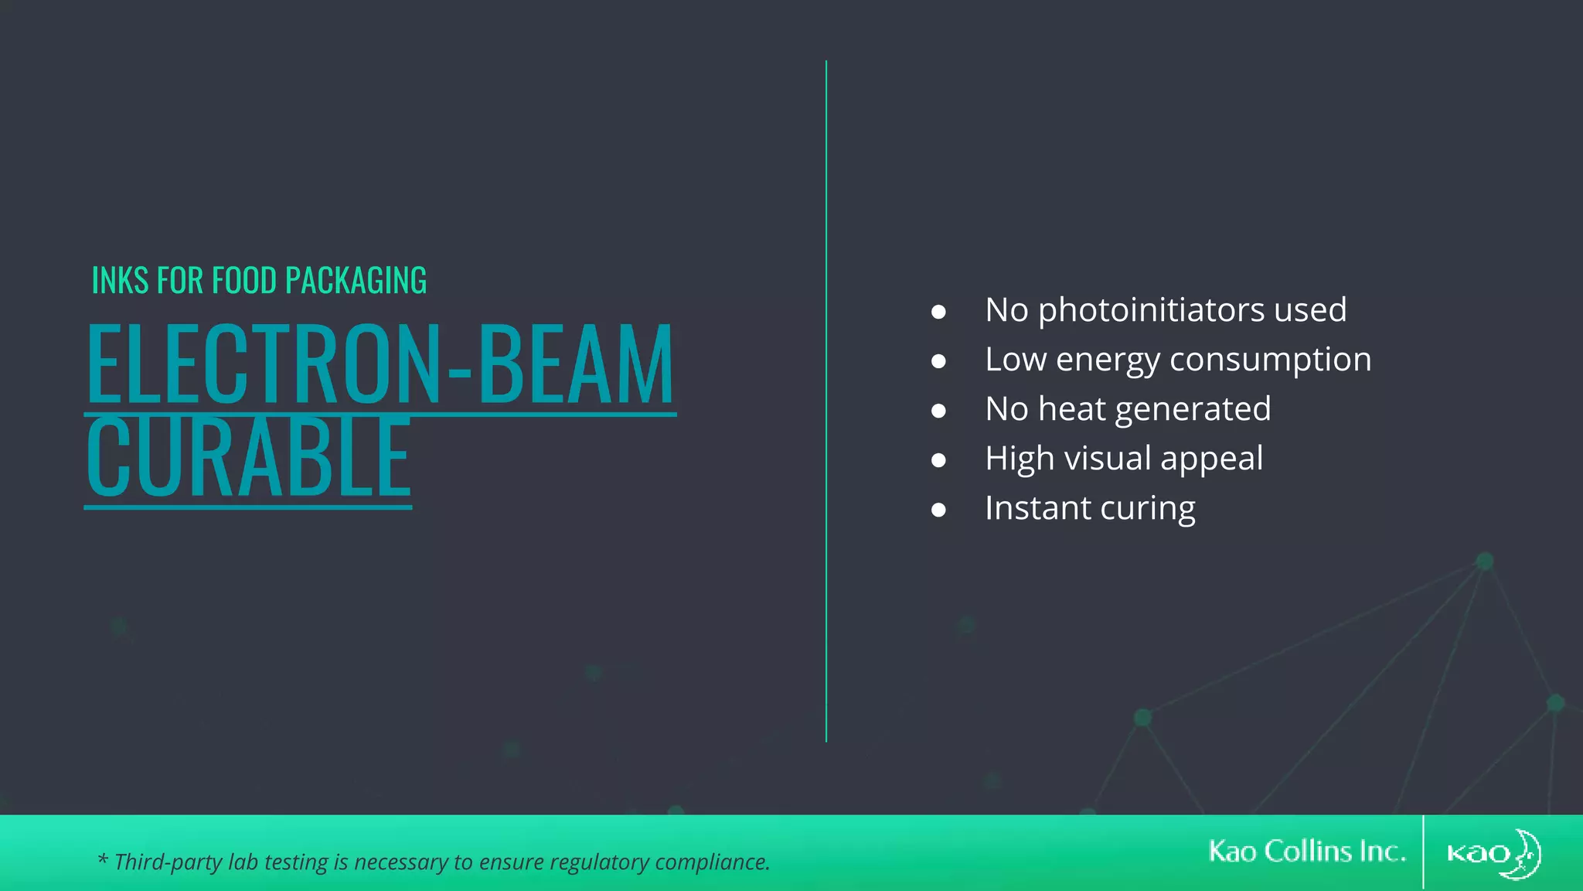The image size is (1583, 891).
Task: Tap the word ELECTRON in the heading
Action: coord(263,364)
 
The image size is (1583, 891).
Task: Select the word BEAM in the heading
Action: coord(577,364)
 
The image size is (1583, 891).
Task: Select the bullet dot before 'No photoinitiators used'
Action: coord(938,312)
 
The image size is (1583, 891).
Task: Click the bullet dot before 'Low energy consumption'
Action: coord(938,361)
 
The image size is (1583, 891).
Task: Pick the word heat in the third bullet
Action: coord(1072,408)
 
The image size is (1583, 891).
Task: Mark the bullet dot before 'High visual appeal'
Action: coord(938,460)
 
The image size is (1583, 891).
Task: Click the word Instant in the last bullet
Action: coord(1037,508)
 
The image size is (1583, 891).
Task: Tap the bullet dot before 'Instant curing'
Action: coord(938,510)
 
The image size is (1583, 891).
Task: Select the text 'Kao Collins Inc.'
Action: coord(1306,852)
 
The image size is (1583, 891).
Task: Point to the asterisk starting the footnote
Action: coord(102,859)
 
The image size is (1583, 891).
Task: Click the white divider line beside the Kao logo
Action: coord(1423,852)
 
